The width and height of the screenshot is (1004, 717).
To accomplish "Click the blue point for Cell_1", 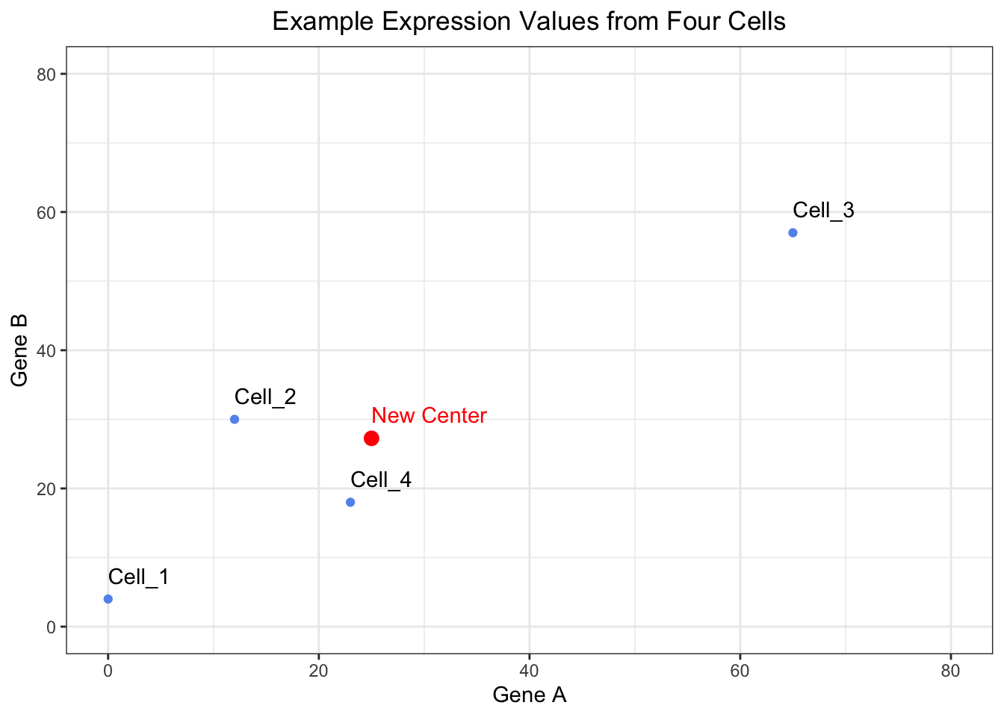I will click(x=108, y=599).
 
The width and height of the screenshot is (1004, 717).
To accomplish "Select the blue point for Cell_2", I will click(x=235, y=419).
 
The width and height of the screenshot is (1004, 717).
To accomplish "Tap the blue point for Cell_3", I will click(x=793, y=233).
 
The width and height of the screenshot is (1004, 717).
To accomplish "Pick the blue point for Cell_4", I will click(x=350, y=502).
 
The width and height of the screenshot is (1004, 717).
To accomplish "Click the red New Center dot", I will click(x=371, y=438).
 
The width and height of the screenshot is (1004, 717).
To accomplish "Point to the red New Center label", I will click(x=429, y=415).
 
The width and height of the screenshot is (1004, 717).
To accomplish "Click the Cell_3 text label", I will click(x=823, y=211).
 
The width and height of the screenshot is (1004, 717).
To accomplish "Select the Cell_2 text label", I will click(x=265, y=397).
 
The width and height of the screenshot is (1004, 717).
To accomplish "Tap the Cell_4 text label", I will click(x=381, y=479).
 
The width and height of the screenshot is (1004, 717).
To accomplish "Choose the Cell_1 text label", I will click(x=139, y=577).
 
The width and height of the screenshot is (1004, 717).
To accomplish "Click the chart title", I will click(x=529, y=21).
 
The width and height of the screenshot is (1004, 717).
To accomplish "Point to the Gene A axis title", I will click(x=530, y=695).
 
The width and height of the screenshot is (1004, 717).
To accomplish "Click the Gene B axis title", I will click(x=20, y=350).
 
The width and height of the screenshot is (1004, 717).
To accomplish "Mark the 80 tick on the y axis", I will click(x=46, y=74).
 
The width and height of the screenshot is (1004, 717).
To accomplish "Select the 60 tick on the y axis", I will click(x=46, y=212).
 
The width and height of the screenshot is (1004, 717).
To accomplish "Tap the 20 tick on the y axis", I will click(x=46, y=488).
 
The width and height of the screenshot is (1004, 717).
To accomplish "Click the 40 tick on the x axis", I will click(x=529, y=671).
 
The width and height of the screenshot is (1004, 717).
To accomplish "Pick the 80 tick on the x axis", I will click(x=950, y=671).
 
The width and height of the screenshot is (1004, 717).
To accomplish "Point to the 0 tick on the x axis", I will click(x=108, y=671).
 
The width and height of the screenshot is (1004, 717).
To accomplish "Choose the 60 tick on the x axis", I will click(x=740, y=671).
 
